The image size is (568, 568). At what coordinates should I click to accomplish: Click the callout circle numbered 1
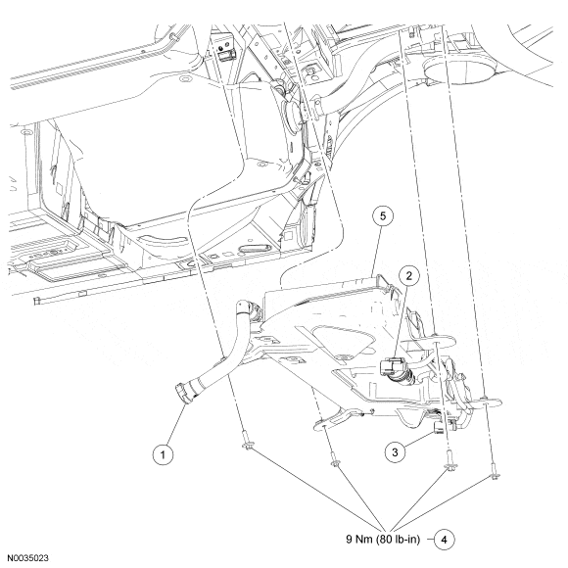[163, 454]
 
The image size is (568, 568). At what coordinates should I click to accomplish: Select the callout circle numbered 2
[409, 276]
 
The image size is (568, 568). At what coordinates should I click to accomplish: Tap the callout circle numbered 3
[395, 452]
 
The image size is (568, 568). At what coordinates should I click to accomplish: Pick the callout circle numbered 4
[444, 540]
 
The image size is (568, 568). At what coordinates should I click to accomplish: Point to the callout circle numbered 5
[383, 215]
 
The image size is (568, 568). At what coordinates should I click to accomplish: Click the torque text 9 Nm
[359, 540]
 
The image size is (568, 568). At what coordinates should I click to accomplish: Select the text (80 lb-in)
[399, 540]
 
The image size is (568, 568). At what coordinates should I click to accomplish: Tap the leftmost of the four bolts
[247, 441]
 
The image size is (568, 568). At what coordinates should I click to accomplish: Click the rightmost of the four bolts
[495, 472]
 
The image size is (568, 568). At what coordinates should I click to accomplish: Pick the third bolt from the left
[450, 460]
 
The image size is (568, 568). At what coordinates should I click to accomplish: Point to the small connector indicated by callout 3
[439, 429]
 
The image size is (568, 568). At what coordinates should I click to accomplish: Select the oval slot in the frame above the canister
[255, 249]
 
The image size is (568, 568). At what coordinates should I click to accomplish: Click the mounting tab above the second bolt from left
[333, 419]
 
